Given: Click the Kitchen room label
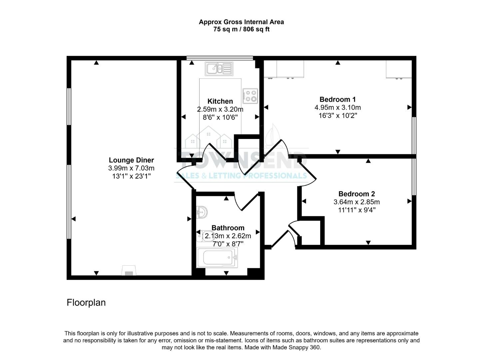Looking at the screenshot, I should [x=220, y=101].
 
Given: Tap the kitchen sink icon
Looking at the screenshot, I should [x=218, y=69].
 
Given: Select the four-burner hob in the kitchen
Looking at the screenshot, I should [x=250, y=95].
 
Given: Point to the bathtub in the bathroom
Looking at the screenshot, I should [x=217, y=258].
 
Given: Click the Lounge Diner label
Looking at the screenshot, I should [x=131, y=160].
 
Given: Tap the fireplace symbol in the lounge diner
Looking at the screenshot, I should [x=129, y=271].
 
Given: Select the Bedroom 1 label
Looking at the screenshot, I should [x=337, y=99].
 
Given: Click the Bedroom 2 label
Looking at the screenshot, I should [x=356, y=194].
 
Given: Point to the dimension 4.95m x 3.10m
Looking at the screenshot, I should [x=337, y=108].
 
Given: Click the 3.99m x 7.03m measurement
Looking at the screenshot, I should [x=131, y=168].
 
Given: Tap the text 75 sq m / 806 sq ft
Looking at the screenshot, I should [x=241, y=29].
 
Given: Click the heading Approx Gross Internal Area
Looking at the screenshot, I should [x=241, y=22].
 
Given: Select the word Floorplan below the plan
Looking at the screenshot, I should [x=86, y=302].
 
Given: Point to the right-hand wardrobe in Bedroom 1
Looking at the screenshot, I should [x=399, y=69].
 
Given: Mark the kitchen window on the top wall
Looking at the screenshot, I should [x=220, y=58].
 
